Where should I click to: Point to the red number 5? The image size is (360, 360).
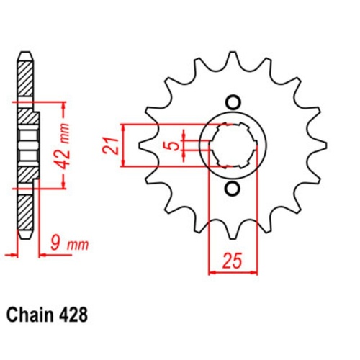(x=170, y=146)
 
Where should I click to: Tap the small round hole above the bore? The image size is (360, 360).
(x=232, y=102)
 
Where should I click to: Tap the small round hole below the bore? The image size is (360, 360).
(x=232, y=190)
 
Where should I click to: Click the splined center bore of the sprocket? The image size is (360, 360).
(x=232, y=145)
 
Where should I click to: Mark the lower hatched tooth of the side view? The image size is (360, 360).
(x=24, y=212)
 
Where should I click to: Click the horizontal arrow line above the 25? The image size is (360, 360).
(x=230, y=273)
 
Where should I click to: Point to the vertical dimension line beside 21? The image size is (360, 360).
(x=127, y=146)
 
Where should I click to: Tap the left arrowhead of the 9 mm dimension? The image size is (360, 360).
(x=9, y=254)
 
